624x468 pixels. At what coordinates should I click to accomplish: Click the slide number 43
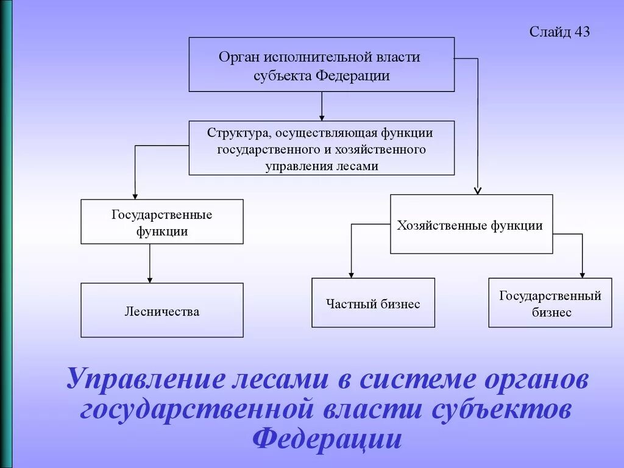tap(581, 32)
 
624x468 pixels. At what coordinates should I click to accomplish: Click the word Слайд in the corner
tap(550, 32)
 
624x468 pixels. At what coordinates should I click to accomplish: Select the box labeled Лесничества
tap(162, 310)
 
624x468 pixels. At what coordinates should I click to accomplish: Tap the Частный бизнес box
tap(373, 303)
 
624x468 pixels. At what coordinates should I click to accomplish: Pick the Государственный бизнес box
tap(550, 303)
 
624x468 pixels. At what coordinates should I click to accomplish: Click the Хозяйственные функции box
tap(471, 224)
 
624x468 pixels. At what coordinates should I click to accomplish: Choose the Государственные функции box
tap(162, 222)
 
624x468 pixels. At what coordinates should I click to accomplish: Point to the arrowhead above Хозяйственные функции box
tap(478, 191)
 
